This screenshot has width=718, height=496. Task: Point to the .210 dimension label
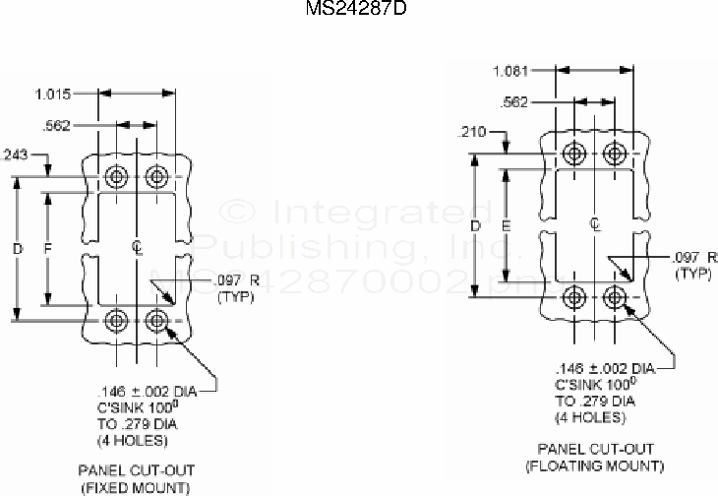pos(473,131)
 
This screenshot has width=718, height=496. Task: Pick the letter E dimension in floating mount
pos(506,226)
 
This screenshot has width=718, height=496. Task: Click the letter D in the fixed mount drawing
pos(17,249)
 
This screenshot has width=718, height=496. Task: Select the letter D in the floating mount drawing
pos(475,226)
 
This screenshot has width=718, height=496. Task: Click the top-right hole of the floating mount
pos(615,154)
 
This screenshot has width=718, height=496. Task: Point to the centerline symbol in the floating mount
pos(595,225)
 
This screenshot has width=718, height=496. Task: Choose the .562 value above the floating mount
pos(515,101)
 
